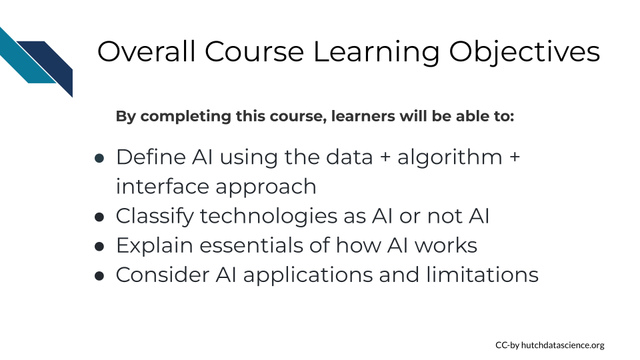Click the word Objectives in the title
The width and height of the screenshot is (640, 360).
coord(524,52)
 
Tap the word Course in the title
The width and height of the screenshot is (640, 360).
coord(254,52)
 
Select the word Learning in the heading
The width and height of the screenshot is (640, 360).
coord(376,53)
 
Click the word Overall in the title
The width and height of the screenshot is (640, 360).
coord(146,51)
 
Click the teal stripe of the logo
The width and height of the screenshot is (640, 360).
coord(25,57)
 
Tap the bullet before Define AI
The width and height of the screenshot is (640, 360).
coord(99,158)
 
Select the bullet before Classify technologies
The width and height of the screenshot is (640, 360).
coord(99,217)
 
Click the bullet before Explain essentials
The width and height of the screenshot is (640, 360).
coord(99,246)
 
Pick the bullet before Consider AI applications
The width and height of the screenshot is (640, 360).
coord(99,275)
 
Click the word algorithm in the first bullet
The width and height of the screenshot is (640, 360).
coord(450,158)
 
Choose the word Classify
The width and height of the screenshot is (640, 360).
coord(155,217)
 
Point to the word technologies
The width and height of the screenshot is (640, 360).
coord(269,217)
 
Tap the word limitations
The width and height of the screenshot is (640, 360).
coord(482,275)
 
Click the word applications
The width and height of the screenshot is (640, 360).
coord(308,275)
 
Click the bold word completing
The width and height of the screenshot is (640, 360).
coord(186,117)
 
